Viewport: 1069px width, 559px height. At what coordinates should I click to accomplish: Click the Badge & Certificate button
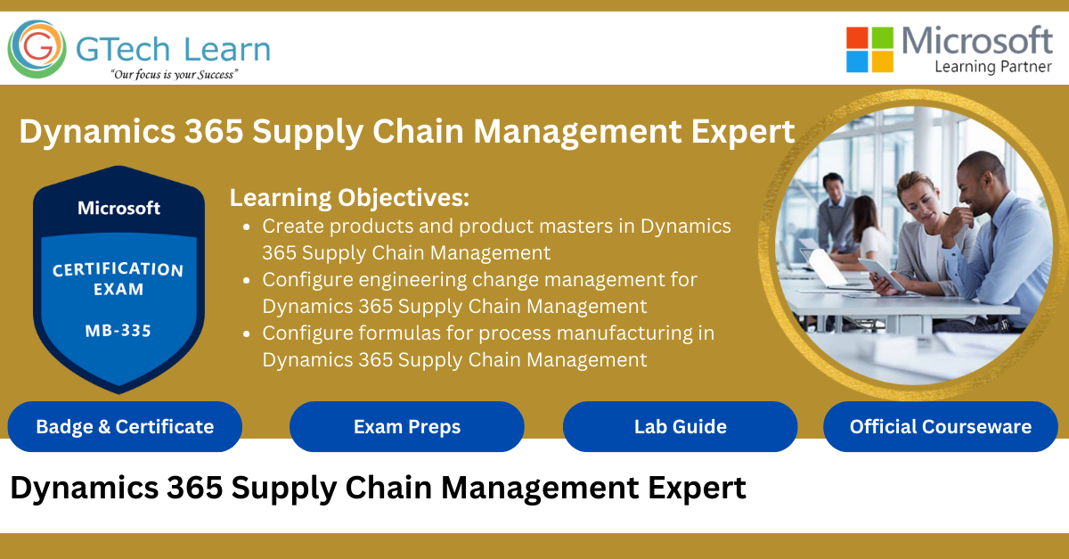click(x=125, y=426)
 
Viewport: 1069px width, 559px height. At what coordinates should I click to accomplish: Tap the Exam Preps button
click(x=407, y=426)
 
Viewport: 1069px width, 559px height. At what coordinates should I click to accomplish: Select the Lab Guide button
click(x=680, y=426)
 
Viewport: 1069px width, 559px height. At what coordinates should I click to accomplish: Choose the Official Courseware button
click(x=940, y=426)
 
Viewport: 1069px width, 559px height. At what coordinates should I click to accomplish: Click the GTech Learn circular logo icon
click(x=37, y=49)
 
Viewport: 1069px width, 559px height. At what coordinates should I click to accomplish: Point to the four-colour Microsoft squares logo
click(x=869, y=49)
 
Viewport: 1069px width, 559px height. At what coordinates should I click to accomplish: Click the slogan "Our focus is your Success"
click(x=174, y=75)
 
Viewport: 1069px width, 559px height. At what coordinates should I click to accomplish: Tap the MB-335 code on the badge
click(x=118, y=331)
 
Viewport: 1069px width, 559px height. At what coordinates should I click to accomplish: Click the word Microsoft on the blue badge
click(x=118, y=208)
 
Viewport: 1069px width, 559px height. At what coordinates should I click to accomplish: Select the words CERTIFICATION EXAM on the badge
click(x=118, y=278)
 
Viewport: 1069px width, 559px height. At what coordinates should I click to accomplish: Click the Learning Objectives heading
click(x=349, y=197)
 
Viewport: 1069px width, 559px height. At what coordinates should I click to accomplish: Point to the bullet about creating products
click(x=495, y=239)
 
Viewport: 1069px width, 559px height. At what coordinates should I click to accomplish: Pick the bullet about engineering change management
click(x=479, y=292)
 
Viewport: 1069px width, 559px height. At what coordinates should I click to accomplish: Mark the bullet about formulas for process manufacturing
click(x=488, y=346)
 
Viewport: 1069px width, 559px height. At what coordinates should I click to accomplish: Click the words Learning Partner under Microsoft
click(x=993, y=66)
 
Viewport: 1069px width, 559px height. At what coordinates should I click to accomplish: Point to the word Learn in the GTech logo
click(x=228, y=48)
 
